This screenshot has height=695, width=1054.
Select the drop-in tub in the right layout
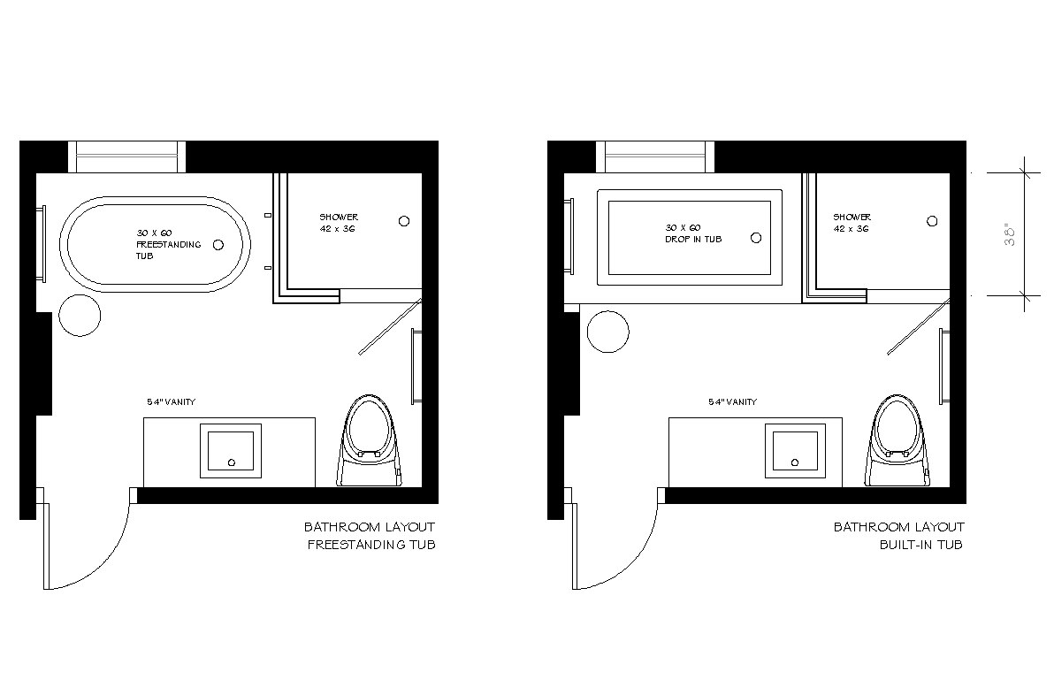pos(690,195)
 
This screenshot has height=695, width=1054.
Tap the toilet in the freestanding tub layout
pos(369,440)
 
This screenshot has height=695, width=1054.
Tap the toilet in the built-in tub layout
pos(897,440)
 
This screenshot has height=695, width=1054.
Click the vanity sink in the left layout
pos(231,450)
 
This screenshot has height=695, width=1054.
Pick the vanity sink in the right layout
pos(795,450)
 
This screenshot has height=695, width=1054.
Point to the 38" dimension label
pos(1010,233)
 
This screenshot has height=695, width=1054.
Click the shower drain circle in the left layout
pos(404,220)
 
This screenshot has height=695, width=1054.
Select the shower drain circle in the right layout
pos(932,220)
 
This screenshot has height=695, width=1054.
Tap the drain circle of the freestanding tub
pos(218,245)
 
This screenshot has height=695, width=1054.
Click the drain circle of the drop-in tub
pos(756,237)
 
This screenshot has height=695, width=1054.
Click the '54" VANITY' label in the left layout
pos(172,402)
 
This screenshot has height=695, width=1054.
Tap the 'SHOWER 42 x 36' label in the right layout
pos(852,223)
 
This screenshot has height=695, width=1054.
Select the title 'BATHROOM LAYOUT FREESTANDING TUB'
pos(370,535)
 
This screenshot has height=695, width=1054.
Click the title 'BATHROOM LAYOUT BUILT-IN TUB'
pos(898,535)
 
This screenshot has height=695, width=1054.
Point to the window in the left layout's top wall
pos(127,157)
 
